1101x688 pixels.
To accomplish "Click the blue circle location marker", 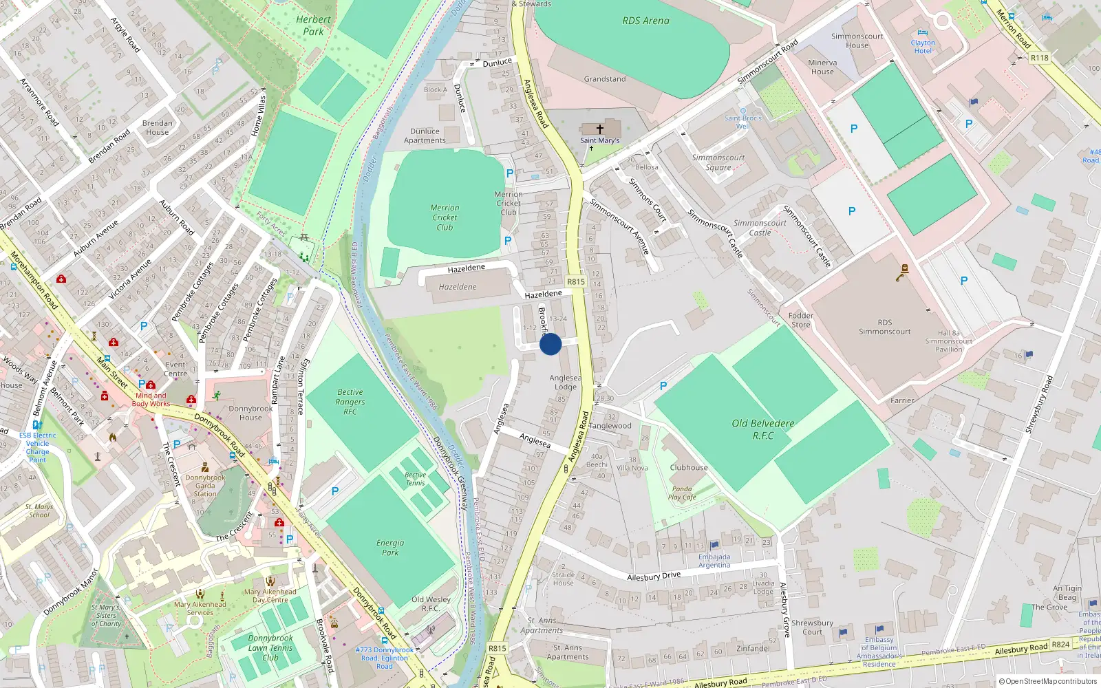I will pos(550,344).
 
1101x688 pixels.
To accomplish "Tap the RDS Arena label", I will pos(645,21).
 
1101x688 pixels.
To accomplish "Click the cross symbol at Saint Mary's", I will pos(600,129).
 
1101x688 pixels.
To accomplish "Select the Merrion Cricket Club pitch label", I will pos(445,217).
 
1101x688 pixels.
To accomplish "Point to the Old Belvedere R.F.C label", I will pos(763,429).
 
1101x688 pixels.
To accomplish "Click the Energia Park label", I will pos(390,547).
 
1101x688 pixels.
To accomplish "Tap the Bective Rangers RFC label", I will pos(350,402).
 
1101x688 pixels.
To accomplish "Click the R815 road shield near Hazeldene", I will pos(576,282).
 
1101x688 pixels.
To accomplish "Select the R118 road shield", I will pos(1040,58).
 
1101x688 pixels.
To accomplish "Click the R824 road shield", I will pos(1060,645).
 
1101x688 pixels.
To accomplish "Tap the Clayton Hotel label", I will pos(923,47).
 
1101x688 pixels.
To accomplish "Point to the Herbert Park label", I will pos(313,25).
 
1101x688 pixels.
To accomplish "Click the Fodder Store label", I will pos(801,320).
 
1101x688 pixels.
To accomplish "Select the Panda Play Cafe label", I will pos(682,493).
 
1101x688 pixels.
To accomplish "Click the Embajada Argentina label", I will pos(714,561).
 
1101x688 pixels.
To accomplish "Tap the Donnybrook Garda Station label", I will pos(205,485).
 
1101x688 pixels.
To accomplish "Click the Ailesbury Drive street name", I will pos(654,576).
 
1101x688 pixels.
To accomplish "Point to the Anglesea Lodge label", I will pos(565,382).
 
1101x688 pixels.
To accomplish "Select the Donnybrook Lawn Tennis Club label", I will pos(270,647).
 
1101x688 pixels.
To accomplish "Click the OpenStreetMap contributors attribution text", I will pos(1051,681).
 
